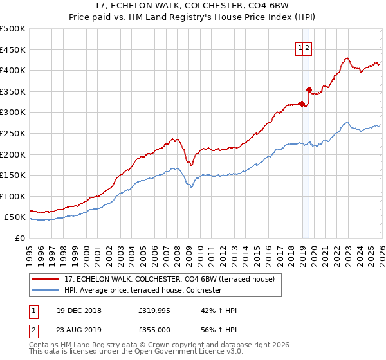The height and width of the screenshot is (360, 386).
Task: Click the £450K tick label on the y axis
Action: (x=13, y=50)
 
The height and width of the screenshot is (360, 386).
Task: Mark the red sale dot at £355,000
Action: (x=309, y=89)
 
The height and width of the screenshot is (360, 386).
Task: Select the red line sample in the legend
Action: (x=46, y=279)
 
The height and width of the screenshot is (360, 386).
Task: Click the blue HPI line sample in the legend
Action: (x=46, y=291)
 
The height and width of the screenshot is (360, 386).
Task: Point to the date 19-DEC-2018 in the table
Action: (x=74, y=310)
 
